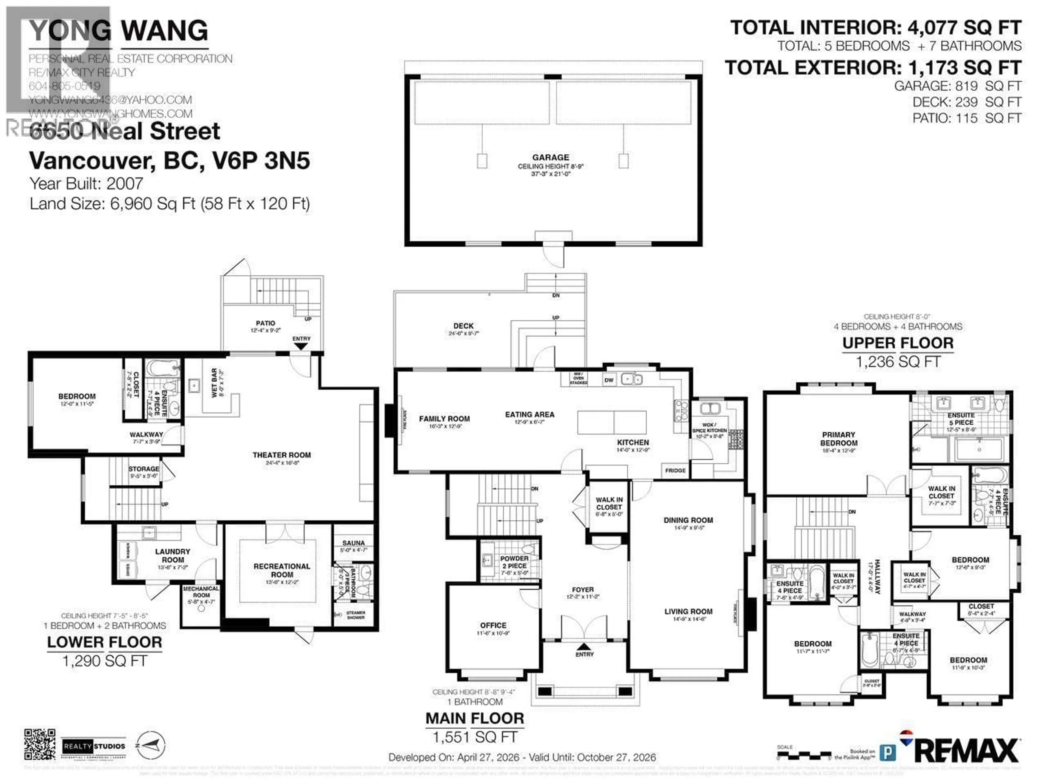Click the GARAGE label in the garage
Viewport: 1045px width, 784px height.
550,157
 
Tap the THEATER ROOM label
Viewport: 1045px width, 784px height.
282,455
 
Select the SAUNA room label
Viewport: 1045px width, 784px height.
354,543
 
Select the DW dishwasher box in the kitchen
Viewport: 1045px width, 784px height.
609,380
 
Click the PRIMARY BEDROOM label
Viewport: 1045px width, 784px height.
838,439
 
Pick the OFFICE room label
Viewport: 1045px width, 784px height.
493,625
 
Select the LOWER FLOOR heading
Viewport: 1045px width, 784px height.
104,642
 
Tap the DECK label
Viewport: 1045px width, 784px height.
463,326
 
